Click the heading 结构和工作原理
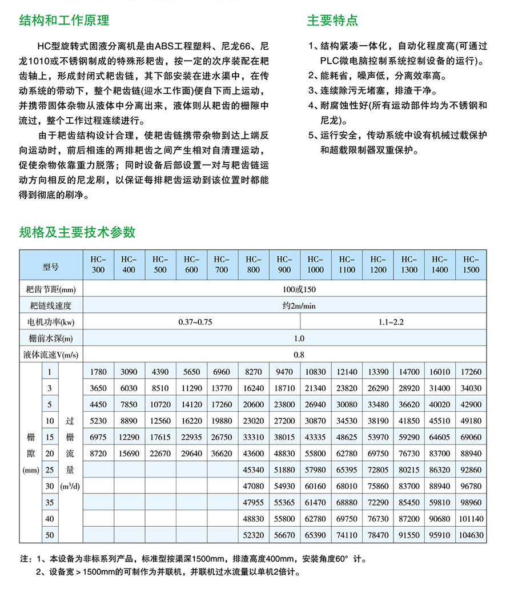pos(64,21)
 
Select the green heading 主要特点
pos(332,21)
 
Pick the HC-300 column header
pos(98,264)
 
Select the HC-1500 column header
pos(471,264)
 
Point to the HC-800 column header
pos(254,264)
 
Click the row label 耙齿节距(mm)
pos(51,289)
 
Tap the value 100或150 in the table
pos(298,289)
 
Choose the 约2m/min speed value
pos(298,305)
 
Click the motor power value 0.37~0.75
pos(195,322)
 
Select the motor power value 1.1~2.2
pos(391,322)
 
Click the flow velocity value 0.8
pos(298,355)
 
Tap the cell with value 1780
pos(98,372)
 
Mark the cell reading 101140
pos(471,519)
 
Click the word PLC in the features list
pos(331,61)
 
